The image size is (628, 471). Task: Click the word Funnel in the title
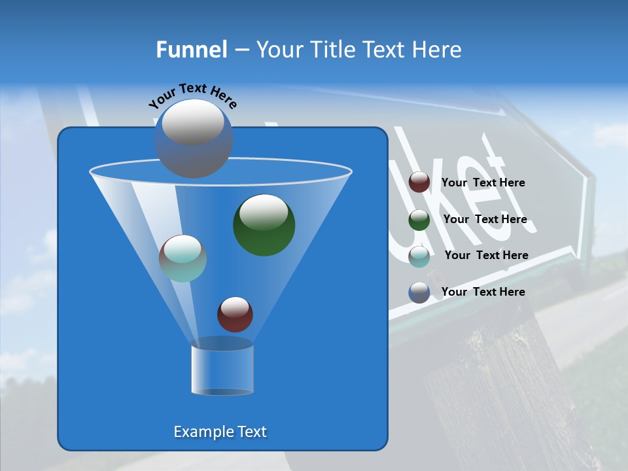(192, 50)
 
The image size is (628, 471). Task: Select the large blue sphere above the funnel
(194, 138)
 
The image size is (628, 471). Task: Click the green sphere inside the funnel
(264, 224)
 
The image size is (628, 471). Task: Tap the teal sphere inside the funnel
(183, 258)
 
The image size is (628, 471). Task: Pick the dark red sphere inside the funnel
(235, 314)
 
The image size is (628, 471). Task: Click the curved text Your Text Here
(193, 95)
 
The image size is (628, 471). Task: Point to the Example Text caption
(220, 432)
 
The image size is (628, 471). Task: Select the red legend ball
(419, 183)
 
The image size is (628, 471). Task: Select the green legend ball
(419, 219)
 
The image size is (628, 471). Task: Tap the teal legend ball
(419, 256)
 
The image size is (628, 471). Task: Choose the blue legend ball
(419, 292)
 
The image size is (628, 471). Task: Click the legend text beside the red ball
(483, 183)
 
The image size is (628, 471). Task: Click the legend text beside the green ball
(485, 219)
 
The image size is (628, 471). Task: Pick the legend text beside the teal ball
(486, 255)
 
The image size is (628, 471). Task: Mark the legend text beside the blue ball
(483, 292)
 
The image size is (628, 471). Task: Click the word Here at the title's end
(438, 50)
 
